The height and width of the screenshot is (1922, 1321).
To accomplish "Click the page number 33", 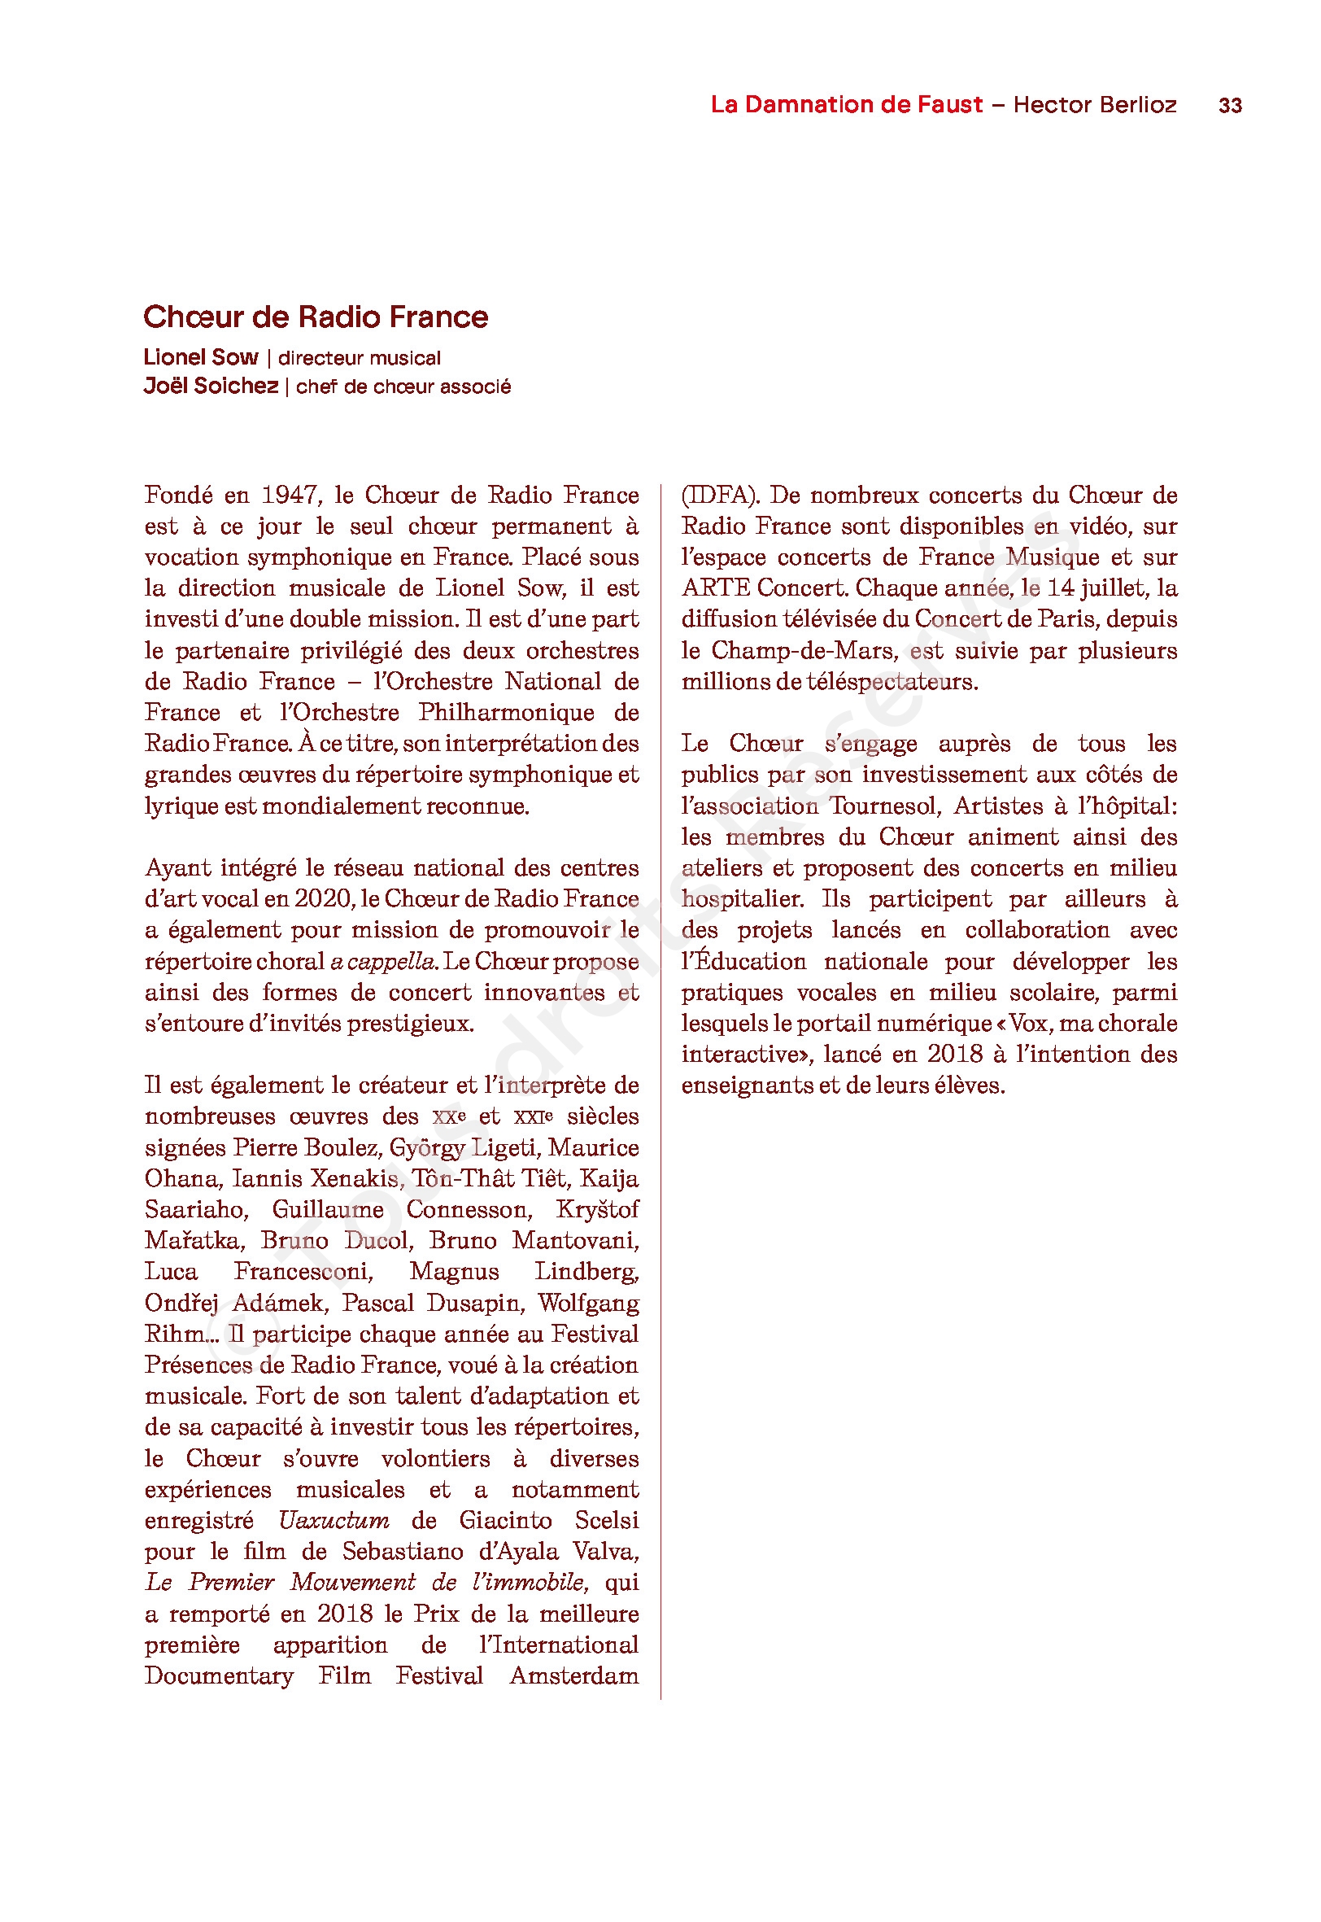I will tap(1230, 106).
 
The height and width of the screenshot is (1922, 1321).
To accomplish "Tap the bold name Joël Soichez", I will tap(211, 386).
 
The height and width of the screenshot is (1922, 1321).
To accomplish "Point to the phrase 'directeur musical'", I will tap(360, 357).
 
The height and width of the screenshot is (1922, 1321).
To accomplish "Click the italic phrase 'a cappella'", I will tap(383, 961).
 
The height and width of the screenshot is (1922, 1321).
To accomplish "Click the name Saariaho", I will tap(195, 1209).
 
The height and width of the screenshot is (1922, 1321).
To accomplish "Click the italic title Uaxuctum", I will tap(334, 1521).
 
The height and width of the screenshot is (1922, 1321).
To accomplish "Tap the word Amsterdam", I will tap(573, 1676).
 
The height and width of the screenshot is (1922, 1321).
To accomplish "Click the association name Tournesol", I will tap(885, 806).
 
